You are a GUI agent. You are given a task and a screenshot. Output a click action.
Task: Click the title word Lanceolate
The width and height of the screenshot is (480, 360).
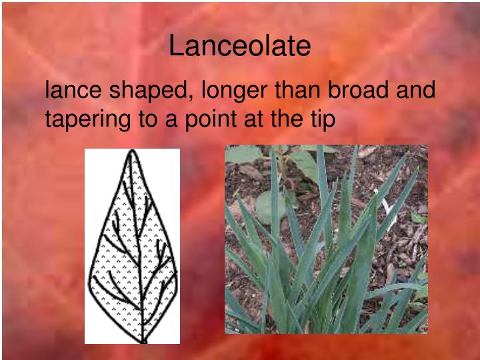coord(239,46)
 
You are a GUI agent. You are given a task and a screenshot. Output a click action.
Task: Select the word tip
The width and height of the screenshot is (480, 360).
coord(321,121)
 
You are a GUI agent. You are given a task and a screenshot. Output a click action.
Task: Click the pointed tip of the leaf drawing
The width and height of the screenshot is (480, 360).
coord(132,151)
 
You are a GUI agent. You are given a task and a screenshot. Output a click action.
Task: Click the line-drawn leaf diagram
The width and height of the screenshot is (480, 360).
coord(132,246)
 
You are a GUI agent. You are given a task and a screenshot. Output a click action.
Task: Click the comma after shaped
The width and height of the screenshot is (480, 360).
coord(193,97)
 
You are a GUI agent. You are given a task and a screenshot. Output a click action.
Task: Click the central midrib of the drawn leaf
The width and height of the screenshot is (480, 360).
coord(137,253)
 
